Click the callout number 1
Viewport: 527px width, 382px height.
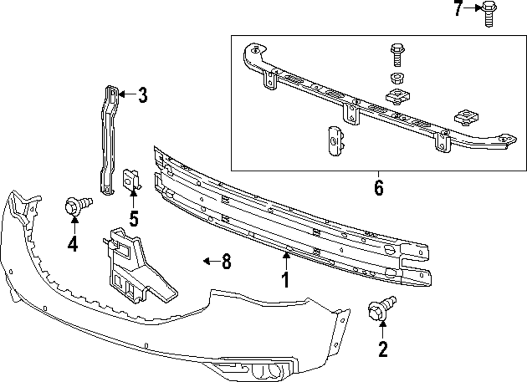pos(285,280)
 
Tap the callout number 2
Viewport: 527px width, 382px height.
pos(383,349)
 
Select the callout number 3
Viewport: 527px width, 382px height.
pos(143,95)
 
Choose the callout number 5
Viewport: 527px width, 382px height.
pos(134,219)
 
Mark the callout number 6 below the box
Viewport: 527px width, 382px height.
pos(379,188)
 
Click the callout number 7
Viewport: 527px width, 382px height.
pos(457,8)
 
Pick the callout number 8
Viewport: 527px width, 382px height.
pos(227,261)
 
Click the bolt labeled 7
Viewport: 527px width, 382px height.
pos(490,14)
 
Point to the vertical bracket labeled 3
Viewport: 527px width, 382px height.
pos(109,140)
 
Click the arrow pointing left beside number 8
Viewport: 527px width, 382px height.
pos(211,261)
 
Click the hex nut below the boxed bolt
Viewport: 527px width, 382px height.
pos(397,79)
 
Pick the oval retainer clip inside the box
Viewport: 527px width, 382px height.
pos(335,141)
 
